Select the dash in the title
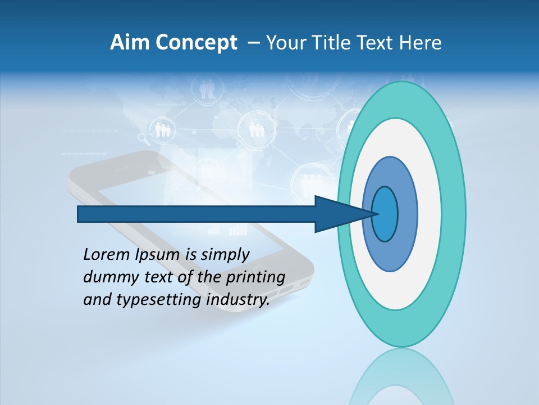pyautogui.click(x=253, y=43)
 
